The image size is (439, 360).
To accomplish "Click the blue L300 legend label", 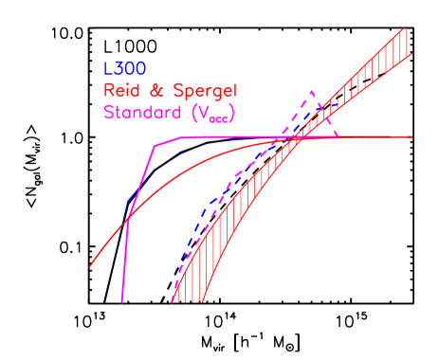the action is click(122, 70).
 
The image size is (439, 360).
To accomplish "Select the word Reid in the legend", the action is click(121, 92).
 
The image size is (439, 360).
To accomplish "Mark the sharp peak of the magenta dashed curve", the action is click(311, 92).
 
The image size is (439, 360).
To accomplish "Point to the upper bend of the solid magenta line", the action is click(155, 145).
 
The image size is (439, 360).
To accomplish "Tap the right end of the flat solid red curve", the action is click(413, 137).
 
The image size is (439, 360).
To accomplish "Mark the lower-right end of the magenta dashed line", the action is click(339, 138).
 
